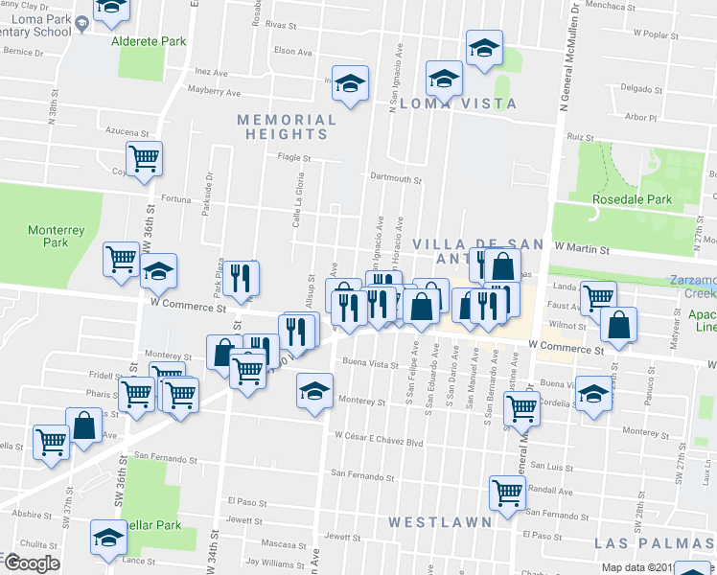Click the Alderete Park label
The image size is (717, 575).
pos(149,42)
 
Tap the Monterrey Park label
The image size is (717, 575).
pos(49,236)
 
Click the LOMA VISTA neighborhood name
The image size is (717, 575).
pos(458,103)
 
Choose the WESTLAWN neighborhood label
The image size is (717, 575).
pos(441,522)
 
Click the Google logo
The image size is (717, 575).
pos(31,563)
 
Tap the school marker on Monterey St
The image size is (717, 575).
pos(313,390)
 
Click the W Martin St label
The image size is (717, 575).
pos(582,249)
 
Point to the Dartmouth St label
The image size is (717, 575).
pos(396,178)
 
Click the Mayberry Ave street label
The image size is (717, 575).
pos(213,93)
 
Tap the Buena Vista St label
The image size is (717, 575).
pos(370,364)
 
